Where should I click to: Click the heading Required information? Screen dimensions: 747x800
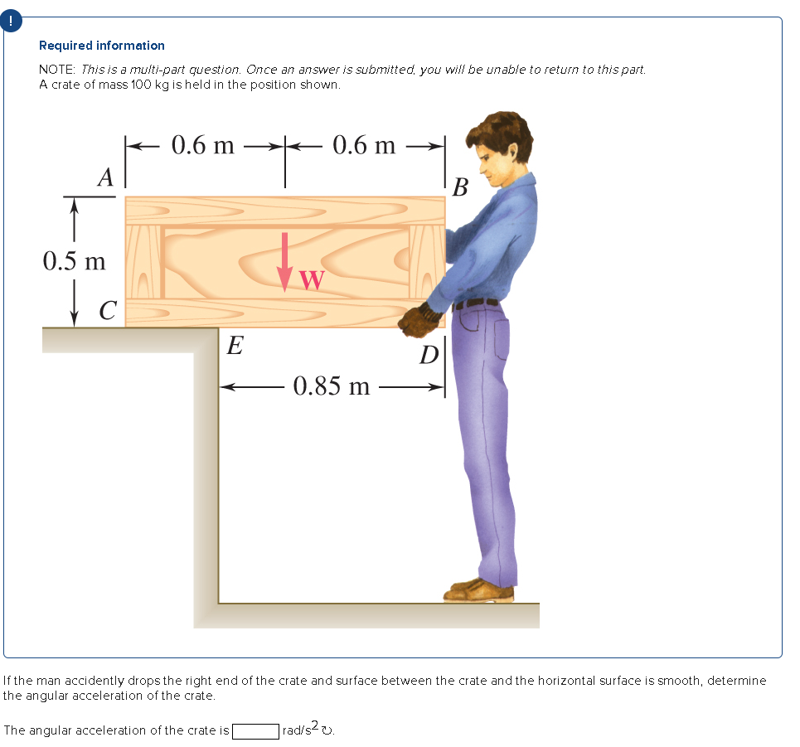tap(102, 46)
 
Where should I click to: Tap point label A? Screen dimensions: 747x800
tap(105, 177)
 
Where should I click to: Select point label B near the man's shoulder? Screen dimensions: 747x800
tap(461, 188)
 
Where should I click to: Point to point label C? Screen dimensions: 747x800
tap(106, 311)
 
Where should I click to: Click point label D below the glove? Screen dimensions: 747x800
tap(429, 355)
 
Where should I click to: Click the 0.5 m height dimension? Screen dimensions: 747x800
tap(75, 261)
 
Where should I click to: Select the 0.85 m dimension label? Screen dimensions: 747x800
tap(332, 386)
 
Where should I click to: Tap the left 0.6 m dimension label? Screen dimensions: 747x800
tap(202, 145)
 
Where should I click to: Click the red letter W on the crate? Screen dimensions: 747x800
tap(311, 280)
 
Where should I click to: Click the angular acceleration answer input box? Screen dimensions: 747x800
tap(255, 730)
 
